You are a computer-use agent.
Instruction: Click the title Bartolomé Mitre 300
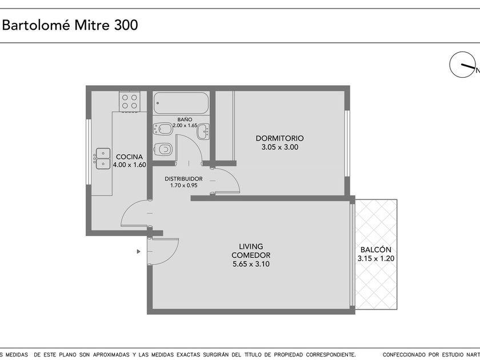click(70, 25)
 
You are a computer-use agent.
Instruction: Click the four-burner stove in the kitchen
click(130, 102)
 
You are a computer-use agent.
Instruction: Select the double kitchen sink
click(103, 159)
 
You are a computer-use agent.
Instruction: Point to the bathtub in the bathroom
click(181, 103)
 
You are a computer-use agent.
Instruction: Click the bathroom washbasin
click(203, 131)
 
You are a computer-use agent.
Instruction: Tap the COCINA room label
click(130, 157)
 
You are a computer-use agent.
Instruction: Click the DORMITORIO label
click(280, 138)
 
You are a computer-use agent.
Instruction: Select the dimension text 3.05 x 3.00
click(280, 147)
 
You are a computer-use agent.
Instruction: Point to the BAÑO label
click(185, 119)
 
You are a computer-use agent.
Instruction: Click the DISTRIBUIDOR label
click(183, 179)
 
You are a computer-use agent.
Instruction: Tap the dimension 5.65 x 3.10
click(251, 264)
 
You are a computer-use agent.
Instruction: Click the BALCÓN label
click(376, 250)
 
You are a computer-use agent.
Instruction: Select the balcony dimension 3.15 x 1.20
click(376, 258)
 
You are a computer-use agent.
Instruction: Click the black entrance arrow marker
click(139, 251)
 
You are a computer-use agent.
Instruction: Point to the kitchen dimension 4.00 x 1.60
click(130, 165)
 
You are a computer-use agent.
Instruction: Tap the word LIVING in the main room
click(251, 246)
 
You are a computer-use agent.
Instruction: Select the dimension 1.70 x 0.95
click(183, 185)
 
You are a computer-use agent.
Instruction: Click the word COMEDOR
click(251, 255)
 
